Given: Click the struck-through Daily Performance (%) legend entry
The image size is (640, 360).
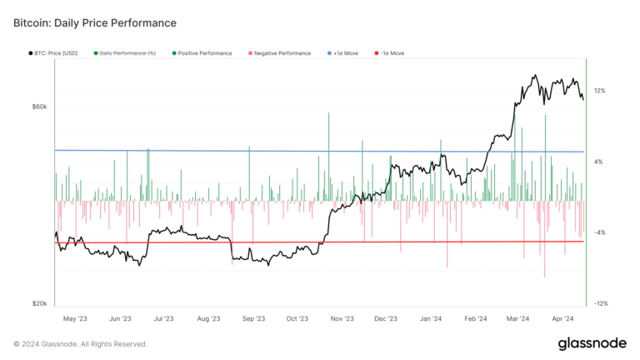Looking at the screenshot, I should coord(127,53).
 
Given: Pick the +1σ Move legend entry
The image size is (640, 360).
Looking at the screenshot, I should coord(345,53).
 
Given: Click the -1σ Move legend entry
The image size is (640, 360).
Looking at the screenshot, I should coord(388,53).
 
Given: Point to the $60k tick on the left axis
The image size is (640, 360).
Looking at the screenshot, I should coord(39,107).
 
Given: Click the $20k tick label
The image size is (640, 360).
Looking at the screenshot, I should coord(39,304).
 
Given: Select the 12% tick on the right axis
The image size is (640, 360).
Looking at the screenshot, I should coord(599,90).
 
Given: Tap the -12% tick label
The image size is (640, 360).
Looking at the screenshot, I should coord(601,303).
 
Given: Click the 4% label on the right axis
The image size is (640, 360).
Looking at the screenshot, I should coord(597,162).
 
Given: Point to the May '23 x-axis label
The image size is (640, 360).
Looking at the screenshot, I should coord(76,318).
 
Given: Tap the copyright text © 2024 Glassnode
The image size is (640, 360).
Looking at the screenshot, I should coord(80,343).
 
